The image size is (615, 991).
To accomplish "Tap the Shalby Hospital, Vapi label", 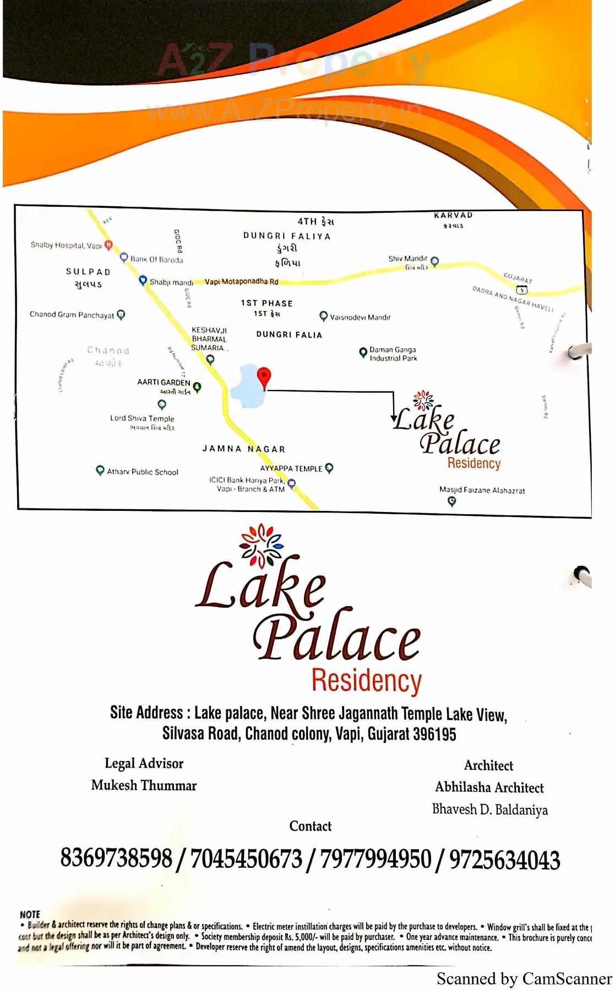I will point(66,245).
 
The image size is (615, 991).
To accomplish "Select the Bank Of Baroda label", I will point(156,260).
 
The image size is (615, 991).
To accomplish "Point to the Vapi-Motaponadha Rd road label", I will point(241,282).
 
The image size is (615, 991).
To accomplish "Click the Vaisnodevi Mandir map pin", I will point(324,316).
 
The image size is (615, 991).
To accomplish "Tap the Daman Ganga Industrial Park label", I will point(393,354).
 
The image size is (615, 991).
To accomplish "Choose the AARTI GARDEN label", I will point(164,382).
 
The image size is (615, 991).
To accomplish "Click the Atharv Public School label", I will point(143,472).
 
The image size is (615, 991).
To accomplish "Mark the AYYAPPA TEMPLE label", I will point(291,469).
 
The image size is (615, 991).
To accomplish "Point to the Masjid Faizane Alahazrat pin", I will point(452,501).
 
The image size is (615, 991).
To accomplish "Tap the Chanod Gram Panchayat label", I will point(72,315).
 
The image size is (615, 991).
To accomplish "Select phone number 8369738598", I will point(116,858).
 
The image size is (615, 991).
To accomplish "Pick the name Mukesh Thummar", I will point(144,785).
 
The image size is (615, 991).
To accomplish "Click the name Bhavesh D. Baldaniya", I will point(489,810).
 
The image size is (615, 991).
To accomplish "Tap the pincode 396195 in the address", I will point(434,734).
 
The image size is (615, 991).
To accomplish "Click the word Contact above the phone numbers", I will point(311,826).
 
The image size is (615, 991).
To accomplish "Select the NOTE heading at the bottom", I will point(30,915).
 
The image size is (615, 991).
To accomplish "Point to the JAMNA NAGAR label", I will point(243,449).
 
